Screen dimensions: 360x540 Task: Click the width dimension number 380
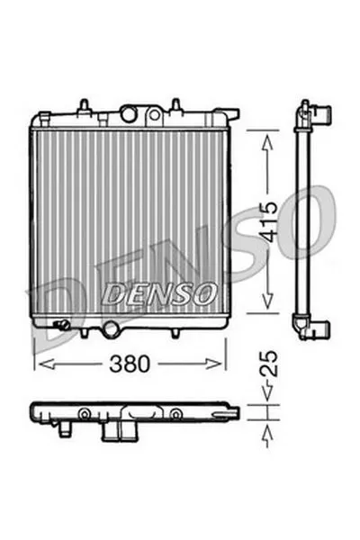130,364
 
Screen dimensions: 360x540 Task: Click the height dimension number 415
268,221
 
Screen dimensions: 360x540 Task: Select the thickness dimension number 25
268,364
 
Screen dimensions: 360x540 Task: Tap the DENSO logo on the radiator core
159,293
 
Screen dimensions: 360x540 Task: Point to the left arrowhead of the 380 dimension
47,364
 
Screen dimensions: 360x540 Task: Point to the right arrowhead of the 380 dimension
213,364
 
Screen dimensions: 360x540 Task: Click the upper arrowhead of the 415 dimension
267,142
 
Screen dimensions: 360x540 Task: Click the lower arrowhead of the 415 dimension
267,301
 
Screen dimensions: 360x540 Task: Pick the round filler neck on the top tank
129,113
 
